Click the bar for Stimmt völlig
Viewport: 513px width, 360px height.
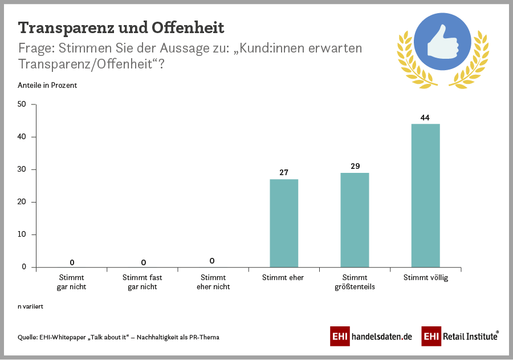[x=425, y=195]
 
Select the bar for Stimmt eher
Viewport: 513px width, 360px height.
[x=283, y=223]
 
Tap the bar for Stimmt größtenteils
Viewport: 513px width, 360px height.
[x=355, y=220]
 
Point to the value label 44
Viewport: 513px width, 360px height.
[x=425, y=118]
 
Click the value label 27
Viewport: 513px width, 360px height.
[x=283, y=173]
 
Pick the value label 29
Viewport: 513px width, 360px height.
[x=355, y=166]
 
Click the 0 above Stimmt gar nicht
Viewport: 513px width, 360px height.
[x=72, y=262]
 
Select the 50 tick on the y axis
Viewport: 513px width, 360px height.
[x=22, y=104]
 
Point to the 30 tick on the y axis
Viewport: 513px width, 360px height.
[x=22, y=169]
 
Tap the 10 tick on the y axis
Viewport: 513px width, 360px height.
[x=22, y=234]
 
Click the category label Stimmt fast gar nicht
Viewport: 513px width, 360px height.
[x=142, y=282]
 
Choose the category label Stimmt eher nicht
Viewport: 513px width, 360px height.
[x=213, y=282]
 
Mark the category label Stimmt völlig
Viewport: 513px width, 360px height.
[x=425, y=278]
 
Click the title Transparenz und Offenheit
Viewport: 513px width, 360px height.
[x=121, y=27]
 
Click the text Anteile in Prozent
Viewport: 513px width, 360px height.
[x=47, y=86]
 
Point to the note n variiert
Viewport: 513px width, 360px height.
[x=31, y=306]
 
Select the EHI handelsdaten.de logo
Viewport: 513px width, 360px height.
[x=371, y=337]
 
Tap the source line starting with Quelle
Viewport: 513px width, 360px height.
[x=119, y=337]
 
